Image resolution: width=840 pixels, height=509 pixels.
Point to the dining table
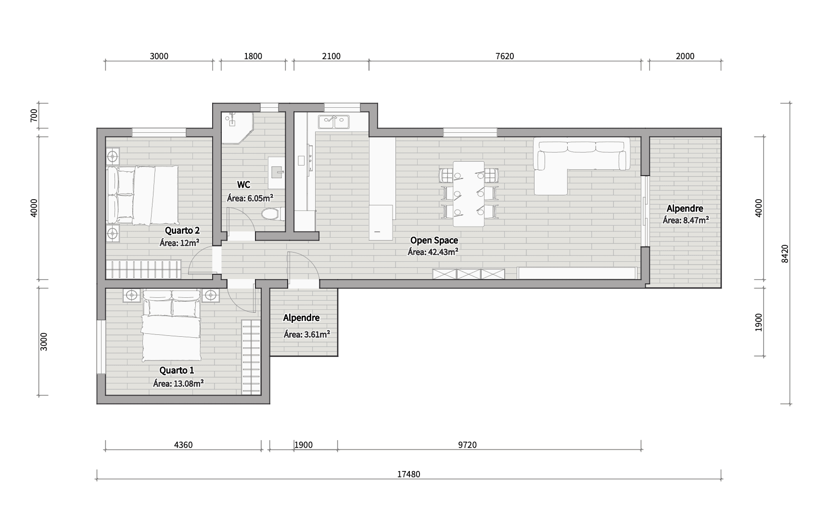pos(469,194)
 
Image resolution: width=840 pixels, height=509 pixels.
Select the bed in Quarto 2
pos(142,195)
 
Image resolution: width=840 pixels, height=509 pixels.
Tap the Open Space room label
pos(434,241)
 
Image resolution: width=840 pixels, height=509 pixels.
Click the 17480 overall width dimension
pos(408,474)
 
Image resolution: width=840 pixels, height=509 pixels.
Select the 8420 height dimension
pos(785,254)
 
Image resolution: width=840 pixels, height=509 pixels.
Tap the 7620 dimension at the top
pos(505,56)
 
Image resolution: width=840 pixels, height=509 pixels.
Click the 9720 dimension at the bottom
pos(467,445)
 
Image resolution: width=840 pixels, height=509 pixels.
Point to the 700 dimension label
pos(34,116)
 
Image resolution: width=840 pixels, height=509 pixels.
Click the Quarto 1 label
pos(177,370)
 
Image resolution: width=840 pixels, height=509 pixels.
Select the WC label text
pos(243,185)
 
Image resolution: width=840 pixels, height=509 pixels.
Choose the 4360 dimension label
pos(183,445)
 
